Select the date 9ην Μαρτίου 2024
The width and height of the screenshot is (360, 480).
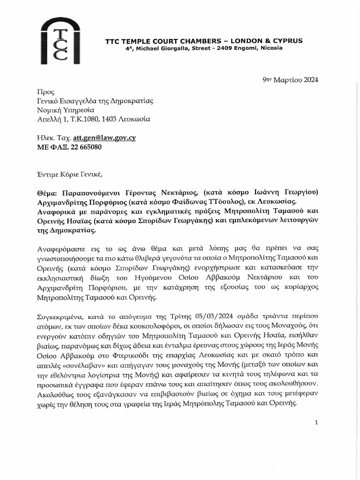[290, 79]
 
